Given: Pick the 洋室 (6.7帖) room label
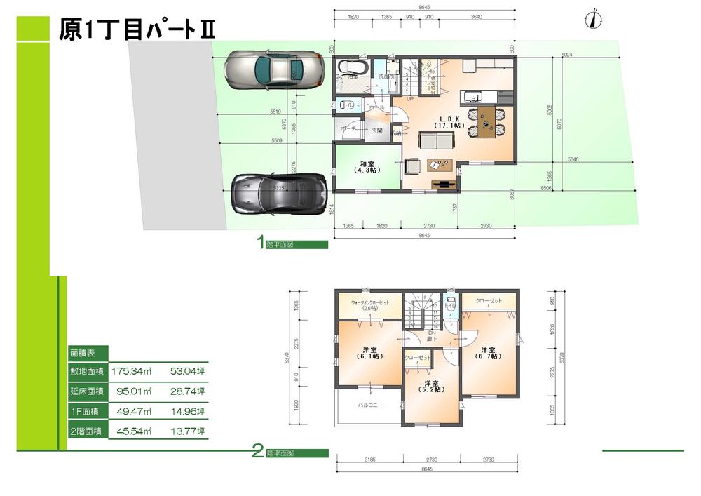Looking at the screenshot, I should (x=488, y=353).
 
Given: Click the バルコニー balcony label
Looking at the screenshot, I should (x=370, y=405).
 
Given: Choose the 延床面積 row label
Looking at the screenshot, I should (x=86, y=391).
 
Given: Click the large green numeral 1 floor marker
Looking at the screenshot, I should (x=260, y=243).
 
